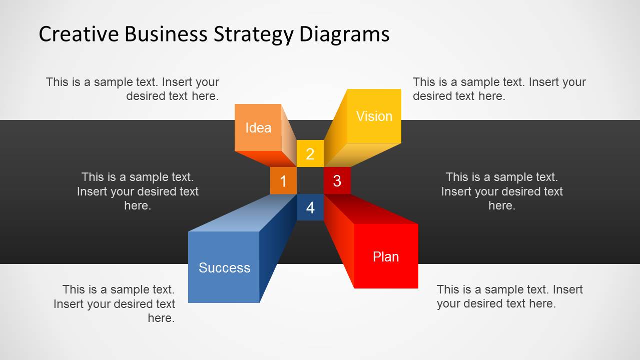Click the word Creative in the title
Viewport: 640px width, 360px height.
[79, 34]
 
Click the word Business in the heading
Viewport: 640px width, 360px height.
[166, 34]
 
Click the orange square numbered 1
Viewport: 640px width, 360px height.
[283, 180]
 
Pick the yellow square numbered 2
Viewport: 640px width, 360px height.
[310, 153]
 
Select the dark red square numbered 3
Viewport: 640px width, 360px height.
[337, 180]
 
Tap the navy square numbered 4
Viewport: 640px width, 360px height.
[310, 207]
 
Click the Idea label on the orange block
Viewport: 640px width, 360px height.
[258, 127]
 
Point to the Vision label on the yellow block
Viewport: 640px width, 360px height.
[374, 116]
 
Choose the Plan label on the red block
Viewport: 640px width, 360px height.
[386, 256]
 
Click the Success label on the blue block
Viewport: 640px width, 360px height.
[224, 268]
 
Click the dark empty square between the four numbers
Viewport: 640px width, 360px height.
[310, 180]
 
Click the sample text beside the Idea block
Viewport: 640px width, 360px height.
[132, 89]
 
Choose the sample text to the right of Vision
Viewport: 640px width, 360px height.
[499, 89]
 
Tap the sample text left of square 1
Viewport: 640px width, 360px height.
[138, 191]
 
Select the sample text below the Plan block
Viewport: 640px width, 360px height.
[509, 296]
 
